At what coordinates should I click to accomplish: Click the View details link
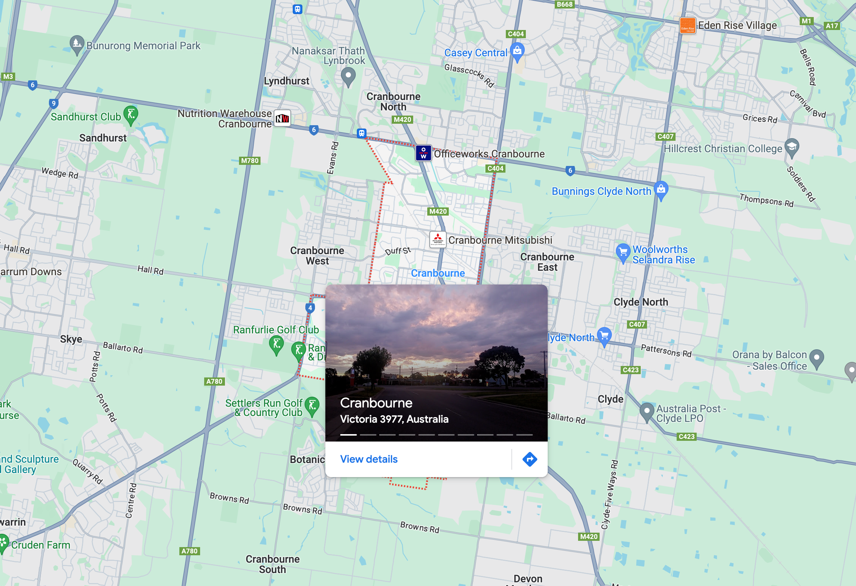pos(369,459)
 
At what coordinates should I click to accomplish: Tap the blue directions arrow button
pos(530,459)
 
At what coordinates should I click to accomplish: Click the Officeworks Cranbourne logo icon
pos(424,153)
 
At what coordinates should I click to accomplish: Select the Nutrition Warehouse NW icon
pos(282,118)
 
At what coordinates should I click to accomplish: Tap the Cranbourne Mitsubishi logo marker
pos(438,239)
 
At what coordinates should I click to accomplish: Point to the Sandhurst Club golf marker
pos(131,114)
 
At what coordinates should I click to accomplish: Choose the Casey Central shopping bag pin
pos(517,51)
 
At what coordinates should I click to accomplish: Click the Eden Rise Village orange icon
pos(687,26)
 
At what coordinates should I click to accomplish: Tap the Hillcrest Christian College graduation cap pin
pos(792,147)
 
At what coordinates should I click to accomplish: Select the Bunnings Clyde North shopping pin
pos(661,190)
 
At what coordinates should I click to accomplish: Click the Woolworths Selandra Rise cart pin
pos(623,252)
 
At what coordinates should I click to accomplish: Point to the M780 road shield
pos(250,161)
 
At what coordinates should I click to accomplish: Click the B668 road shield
pos(565,4)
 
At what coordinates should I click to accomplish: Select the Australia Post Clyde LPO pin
pos(647,411)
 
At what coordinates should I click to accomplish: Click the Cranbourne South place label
pos(272,564)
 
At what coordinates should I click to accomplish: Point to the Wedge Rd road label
pos(60,173)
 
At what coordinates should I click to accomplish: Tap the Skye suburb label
pos(71,339)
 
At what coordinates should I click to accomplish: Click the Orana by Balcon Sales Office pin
pos(817,358)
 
